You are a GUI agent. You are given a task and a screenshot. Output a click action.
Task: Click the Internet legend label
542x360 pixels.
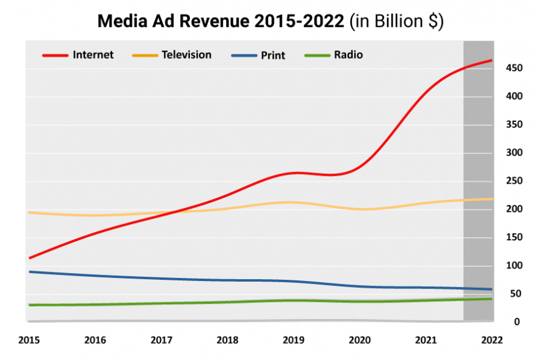[93, 55]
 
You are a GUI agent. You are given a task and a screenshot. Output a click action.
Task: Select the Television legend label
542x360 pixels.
[186, 55]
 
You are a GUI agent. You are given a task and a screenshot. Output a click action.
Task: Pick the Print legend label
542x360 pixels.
[273, 55]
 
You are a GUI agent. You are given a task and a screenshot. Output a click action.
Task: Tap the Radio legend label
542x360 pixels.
[348, 55]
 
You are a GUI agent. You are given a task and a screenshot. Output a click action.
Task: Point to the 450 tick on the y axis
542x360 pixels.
[514, 68]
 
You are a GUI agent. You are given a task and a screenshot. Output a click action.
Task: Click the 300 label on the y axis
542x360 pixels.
[514, 152]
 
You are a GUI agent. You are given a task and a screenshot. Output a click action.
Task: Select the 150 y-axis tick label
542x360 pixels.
[514, 238]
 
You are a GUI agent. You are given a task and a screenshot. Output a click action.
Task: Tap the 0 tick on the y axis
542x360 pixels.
[517, 322]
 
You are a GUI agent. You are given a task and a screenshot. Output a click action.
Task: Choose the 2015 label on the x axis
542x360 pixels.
[29, 340]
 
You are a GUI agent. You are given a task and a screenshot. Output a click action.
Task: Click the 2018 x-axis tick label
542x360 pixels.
[227, 340]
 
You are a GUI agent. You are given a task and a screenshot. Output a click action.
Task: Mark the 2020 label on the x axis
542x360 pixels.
[359, 340]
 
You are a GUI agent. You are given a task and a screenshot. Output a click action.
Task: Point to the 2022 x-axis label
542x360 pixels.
[492, 340]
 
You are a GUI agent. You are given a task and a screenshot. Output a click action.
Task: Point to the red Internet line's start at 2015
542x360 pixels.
[29, 258]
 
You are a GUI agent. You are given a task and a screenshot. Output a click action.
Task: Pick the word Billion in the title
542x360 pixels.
[399, 21]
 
